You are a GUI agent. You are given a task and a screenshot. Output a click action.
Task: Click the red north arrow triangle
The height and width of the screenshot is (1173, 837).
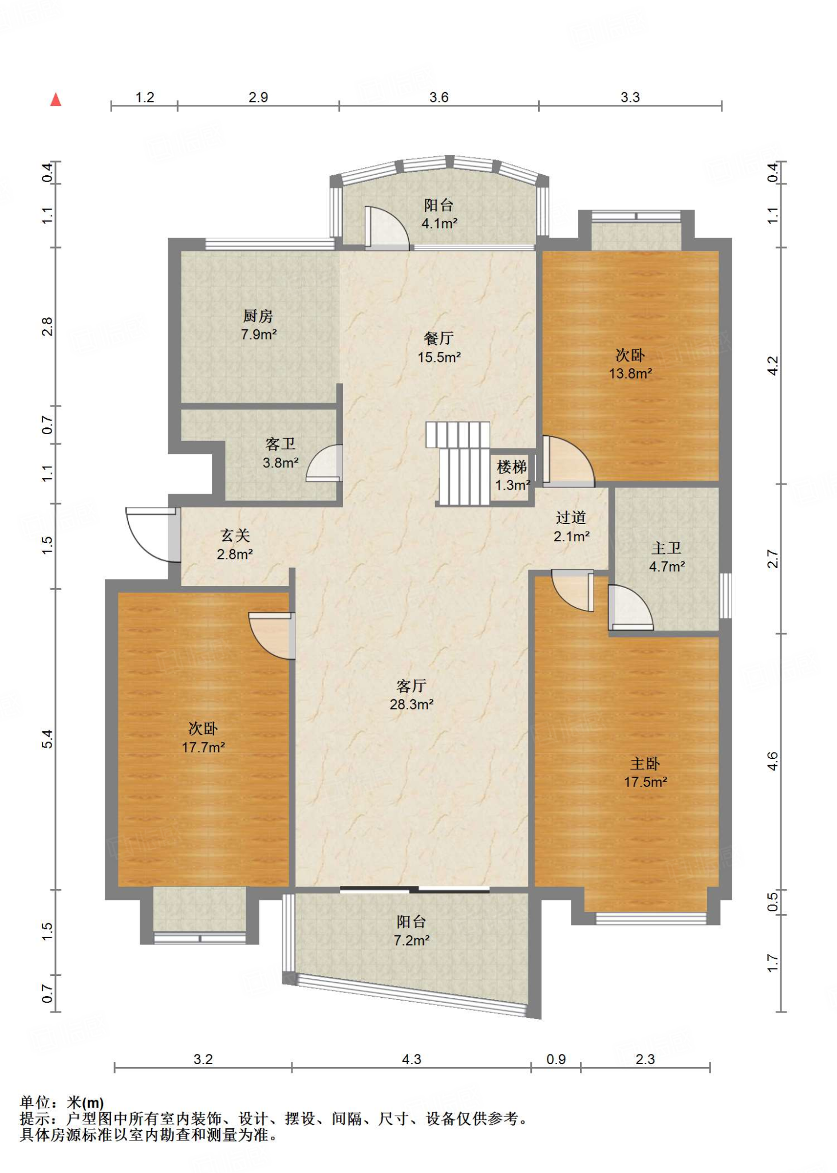[56, 100]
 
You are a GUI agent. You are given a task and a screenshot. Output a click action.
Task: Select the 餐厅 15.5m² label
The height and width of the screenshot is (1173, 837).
[439, 348]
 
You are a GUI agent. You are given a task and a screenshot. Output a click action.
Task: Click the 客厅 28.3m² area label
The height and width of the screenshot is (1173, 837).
[411, 695]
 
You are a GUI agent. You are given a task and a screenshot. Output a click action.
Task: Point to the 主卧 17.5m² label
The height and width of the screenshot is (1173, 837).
[645, 772]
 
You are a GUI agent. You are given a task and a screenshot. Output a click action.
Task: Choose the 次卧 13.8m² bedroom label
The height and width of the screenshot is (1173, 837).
[630, 364]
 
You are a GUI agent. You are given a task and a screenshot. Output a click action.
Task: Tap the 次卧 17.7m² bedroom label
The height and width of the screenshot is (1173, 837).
[203, 738]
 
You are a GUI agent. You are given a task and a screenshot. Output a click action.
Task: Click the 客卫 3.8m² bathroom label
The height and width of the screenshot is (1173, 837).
[281, 453]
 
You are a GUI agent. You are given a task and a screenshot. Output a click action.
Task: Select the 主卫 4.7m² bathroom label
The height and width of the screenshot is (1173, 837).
[666, 557]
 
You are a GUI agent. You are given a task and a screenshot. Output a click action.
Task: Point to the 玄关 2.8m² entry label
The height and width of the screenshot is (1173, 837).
[235, 544]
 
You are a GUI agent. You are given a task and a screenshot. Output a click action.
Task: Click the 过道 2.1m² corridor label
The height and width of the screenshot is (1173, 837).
[571, 526]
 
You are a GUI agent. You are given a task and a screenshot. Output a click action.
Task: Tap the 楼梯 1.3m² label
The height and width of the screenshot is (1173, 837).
[512, 475]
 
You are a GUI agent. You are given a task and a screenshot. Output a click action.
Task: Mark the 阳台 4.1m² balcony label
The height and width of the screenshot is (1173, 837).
[439, 214]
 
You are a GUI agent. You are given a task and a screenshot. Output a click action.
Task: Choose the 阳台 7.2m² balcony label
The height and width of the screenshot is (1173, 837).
[411, 931]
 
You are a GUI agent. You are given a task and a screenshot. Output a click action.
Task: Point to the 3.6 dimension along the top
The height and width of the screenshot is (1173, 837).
[439, 97]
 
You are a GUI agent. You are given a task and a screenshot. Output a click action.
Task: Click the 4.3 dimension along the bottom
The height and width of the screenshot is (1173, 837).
[411, 1060]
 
